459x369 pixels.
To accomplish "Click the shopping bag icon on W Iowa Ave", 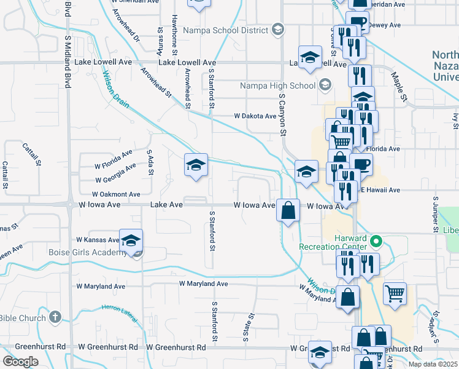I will [x=288, y=211].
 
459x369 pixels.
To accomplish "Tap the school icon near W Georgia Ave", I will [x=196, y=165].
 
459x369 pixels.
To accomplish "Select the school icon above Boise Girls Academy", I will [x=131, y=240].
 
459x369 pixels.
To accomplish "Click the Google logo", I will [x=20, y=362].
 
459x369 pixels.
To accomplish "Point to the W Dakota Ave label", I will [x=255, y=116].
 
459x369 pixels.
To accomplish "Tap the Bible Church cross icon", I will [x=55, y=317].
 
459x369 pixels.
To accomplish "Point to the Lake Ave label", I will [x=166, y=205].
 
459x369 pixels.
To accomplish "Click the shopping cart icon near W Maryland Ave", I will [x=395, y=293].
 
